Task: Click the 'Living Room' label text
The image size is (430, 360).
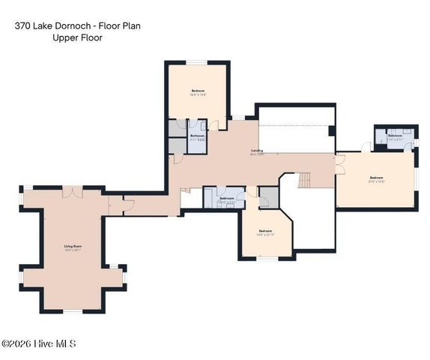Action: pos(72,247)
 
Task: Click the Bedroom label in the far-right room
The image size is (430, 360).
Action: pos(375,178)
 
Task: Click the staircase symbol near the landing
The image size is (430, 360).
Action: pos(304,180)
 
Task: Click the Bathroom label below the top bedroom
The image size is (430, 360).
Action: pos(196,137)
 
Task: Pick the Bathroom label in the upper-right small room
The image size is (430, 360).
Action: pos(395,137)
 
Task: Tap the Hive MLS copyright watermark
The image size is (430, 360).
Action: pos(38,344)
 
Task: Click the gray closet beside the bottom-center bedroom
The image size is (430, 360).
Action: pos(268,196)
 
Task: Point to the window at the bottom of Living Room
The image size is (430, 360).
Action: pos(72,310)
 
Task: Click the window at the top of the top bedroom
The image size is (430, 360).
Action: pos(196,62)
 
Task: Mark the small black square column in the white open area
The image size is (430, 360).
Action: pos(331,131)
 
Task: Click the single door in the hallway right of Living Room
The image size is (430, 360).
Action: pos(112,203)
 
